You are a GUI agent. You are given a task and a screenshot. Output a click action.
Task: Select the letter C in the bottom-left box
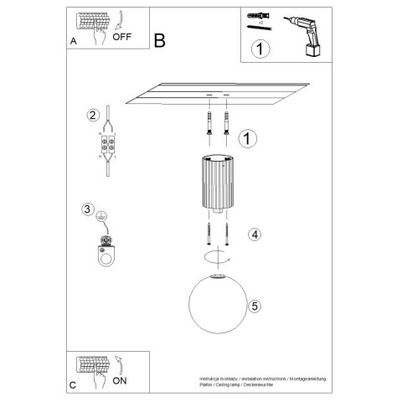[74, 384]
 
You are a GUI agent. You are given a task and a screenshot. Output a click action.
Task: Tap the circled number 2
[94, 115]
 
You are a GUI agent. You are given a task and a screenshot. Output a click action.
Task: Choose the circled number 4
[255, 235]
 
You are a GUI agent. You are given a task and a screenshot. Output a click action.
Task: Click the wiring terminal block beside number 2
[107, 147]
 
